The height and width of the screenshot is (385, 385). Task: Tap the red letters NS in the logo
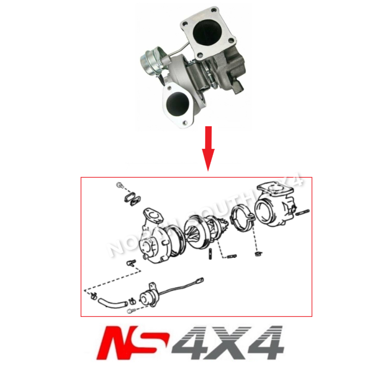tap(132, 343)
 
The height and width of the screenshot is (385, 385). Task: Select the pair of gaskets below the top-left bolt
tap(133, 198)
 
